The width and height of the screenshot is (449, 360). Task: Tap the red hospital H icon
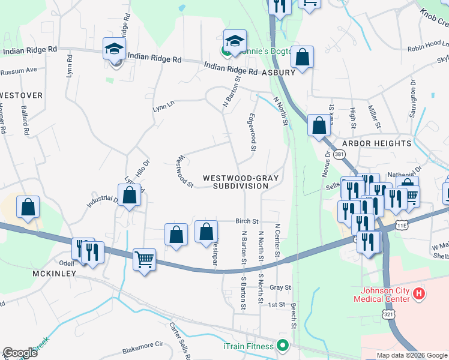420,294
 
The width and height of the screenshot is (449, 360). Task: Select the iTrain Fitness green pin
282,346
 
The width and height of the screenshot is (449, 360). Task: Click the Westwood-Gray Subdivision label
235,182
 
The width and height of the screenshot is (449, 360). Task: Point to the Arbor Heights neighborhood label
377,143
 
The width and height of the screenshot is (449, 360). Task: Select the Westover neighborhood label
22,95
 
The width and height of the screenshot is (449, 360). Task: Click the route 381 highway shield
340,155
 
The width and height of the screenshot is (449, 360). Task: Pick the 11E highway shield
402,224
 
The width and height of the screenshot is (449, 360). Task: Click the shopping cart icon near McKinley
144,260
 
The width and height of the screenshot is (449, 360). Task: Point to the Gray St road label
280,287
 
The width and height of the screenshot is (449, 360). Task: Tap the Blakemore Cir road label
142,344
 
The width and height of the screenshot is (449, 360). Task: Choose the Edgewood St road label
253,132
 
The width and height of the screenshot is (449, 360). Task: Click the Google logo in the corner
20,353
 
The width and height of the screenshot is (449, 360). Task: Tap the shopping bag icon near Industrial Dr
130,196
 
